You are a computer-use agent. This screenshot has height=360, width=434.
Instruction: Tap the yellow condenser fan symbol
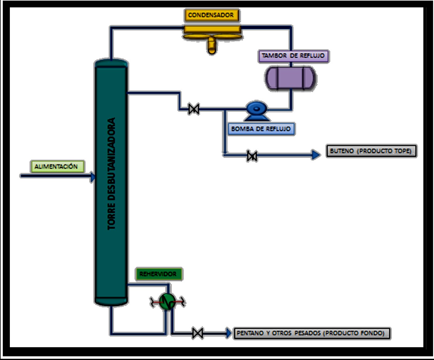212,38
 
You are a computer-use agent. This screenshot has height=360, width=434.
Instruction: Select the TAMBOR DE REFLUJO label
293,56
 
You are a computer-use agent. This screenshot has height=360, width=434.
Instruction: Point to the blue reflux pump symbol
257,110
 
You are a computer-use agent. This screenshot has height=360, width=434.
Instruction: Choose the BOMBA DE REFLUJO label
261,129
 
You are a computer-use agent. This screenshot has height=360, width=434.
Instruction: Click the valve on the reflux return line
194,109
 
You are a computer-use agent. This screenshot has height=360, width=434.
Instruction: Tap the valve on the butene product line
252,156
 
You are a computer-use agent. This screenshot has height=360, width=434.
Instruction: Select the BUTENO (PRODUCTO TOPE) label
371,151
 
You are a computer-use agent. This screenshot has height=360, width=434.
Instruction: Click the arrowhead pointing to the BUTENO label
316,155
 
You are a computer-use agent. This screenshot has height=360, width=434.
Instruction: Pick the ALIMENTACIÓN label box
56,166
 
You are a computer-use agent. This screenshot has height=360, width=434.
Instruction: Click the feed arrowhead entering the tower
92,177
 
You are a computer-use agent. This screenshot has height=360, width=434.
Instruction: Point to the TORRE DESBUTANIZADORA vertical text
111,174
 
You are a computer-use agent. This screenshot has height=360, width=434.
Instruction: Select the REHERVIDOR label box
158,274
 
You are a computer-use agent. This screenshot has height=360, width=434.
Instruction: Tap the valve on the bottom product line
197,333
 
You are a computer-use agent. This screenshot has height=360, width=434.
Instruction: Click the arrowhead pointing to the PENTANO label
229,333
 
